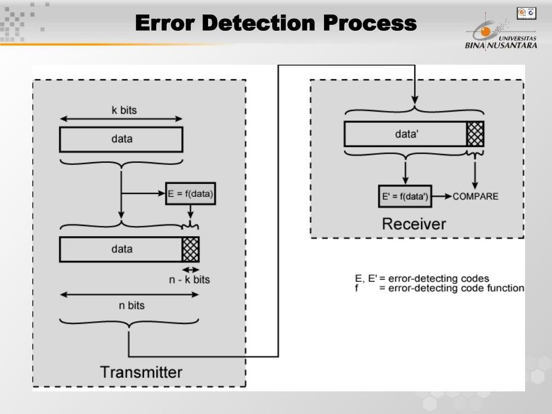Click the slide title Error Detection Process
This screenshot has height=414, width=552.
coord(275,23)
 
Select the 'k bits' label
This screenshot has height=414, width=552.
coord(124,110)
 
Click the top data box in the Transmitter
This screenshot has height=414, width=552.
coord(121,139)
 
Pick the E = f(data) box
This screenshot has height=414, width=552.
coord(190,194)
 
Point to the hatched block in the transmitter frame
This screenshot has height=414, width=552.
coord(190,250)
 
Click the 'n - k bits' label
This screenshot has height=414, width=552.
coord(189,279)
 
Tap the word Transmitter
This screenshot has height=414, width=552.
coord(141,372)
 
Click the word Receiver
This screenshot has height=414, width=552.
coord(414,224)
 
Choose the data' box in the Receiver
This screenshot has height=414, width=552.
coord(405,134)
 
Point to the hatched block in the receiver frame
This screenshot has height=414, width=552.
coord(475,134)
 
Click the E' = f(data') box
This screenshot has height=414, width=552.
coord(405,196)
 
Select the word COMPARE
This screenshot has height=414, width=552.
coord(475,196)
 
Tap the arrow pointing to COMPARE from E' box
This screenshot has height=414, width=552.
coord(441,196)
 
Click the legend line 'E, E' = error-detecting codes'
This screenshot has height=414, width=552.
coord(422,279)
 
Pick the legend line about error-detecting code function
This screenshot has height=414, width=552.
coord(439,288)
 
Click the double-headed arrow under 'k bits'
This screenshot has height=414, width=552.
coord(121,119)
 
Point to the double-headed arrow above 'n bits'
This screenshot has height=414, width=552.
coord(129,294)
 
